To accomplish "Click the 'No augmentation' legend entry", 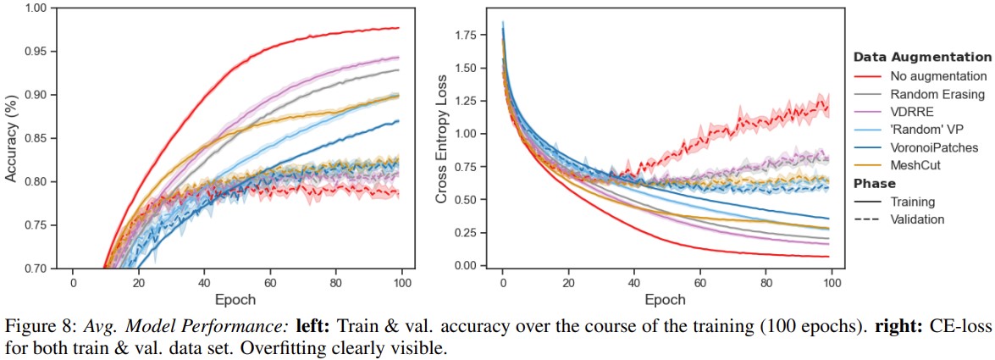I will [x=926, y=75].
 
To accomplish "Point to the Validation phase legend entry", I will [x=917, y=219].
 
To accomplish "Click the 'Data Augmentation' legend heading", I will [x=921, y=58].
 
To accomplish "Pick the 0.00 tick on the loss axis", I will [x=467, y=266].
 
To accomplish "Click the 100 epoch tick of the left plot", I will [x=402, y=281].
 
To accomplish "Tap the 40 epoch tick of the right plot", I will [x=634, y=281].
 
